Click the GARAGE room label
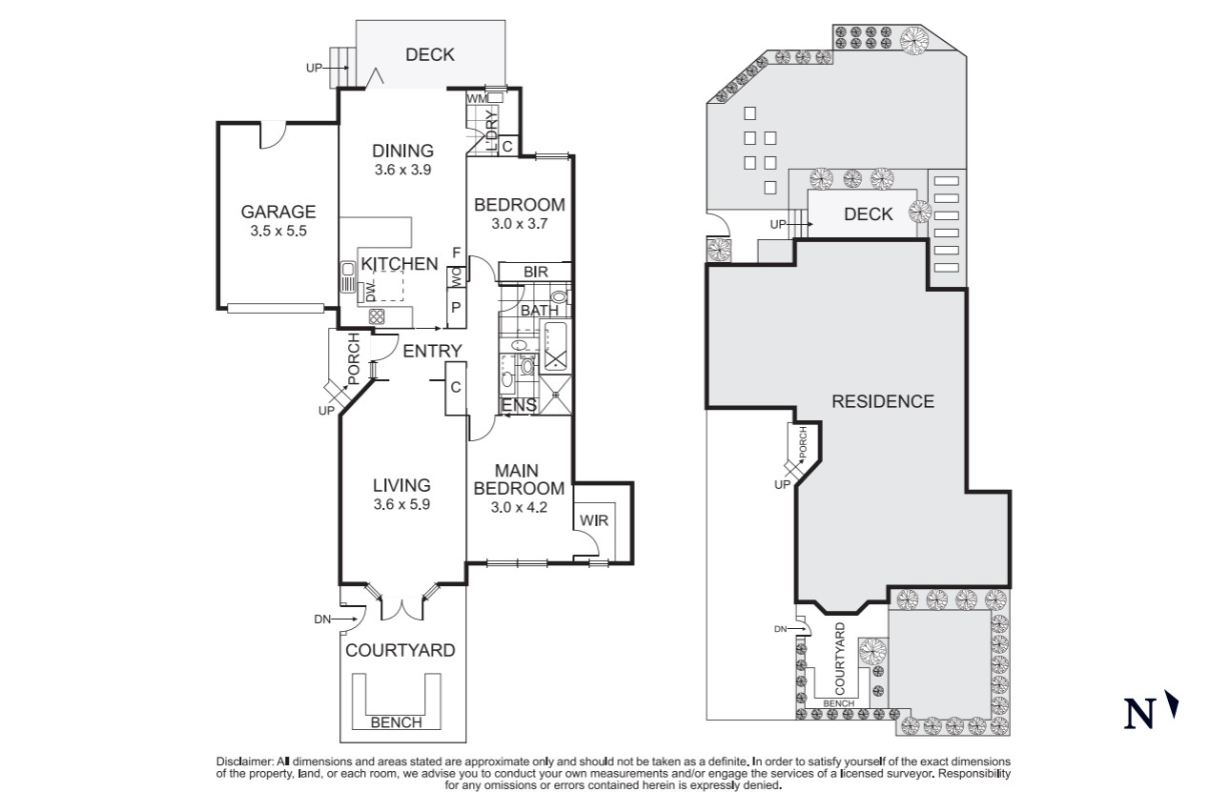[x=277, y=212]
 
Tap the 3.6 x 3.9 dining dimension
[x=402, y=170]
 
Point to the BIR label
[x=536, y=273]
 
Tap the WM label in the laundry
[x=477, y=99]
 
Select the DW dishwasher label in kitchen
[x=370, y=291]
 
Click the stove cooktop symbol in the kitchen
[x=376, y=316]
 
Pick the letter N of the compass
[x=1138, y=714]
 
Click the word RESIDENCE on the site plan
[x=883, y=401]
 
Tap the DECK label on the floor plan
[x=430, y=55]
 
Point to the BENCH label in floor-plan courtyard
[x=396, y=722]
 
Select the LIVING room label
[x=401, y=485]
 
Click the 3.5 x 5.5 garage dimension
[x=277, y=231]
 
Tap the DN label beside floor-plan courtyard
[x=323, y=619]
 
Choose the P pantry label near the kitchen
[x=456, y=308]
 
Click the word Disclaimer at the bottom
[x=245, y=762]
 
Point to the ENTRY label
[x=432, y=351]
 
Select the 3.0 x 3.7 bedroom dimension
[x=520, y=225]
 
